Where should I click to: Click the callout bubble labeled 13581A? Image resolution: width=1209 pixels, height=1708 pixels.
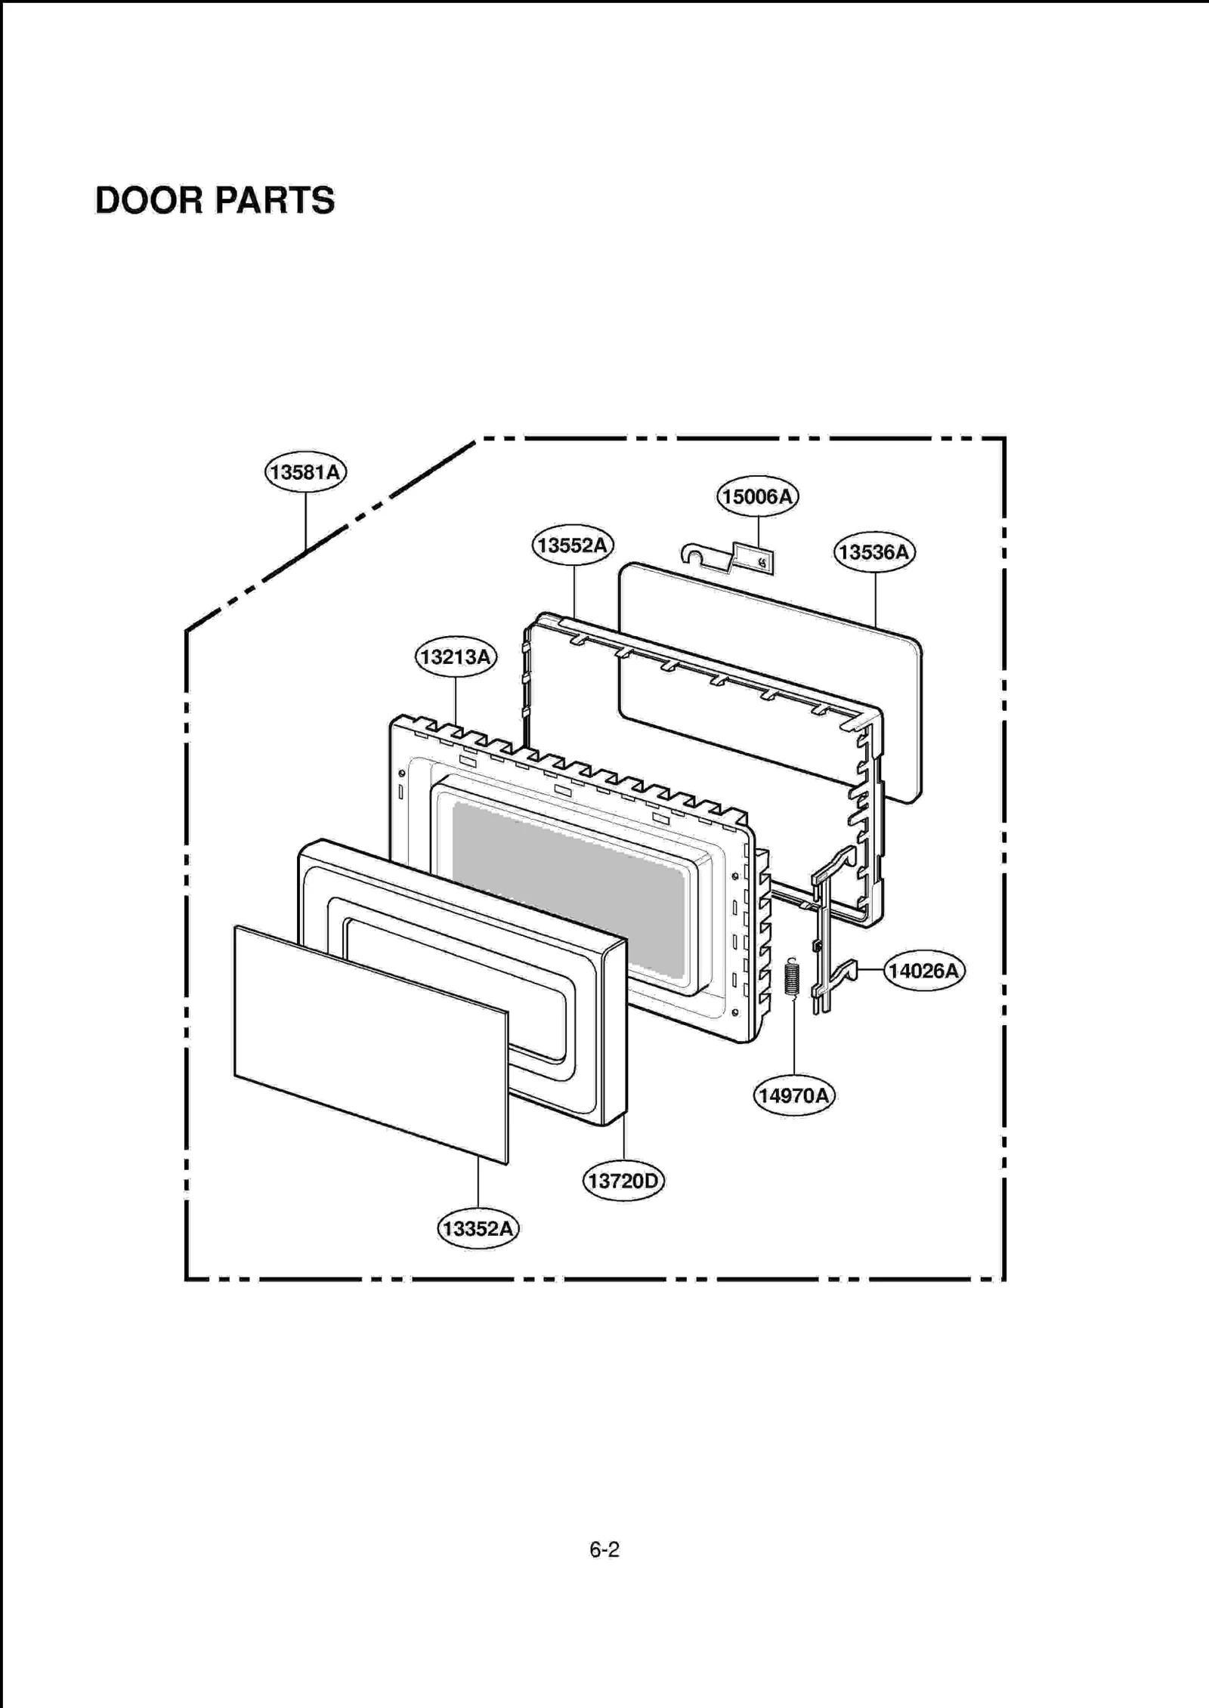click(305, 472)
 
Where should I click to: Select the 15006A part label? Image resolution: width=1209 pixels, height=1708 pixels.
click(757, 496)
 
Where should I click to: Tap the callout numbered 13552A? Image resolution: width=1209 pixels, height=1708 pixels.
click(573, 545)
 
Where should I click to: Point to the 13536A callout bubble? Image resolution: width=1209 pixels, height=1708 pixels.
click(874, 552)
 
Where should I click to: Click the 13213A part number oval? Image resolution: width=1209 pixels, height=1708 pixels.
click(456, 656)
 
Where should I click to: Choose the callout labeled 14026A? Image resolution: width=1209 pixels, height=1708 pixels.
click(923, 971)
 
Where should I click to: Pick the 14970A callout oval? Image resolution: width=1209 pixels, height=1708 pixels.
click(793, 1095)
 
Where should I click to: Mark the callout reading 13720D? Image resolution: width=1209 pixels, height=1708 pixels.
click(623, 1180)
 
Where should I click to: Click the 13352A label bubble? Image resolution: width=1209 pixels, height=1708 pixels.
click(478, 1228)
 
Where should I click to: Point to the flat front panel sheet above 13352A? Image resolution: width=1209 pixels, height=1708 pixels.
click(370, 1042)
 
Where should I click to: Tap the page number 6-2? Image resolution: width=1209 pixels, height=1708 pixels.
click(604, 1550)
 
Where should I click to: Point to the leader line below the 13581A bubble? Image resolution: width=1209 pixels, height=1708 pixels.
click(306, 521)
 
